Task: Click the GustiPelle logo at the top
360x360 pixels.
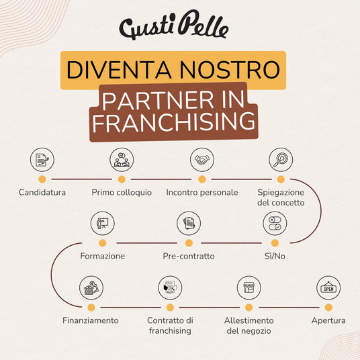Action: coord(174,25)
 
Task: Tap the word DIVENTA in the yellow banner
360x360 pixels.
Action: coord(119,70)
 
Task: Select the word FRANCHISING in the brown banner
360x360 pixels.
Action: coord(174,122)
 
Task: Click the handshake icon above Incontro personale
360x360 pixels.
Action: coord(202,160)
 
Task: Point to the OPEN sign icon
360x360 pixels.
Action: coord(328,288)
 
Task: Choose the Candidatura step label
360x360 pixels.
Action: coord(42,192)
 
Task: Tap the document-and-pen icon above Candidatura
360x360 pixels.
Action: coord(42,160)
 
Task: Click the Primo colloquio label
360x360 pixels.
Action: coord(122,192)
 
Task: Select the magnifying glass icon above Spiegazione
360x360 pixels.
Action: coord(281,160)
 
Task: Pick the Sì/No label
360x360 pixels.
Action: coord(275,256)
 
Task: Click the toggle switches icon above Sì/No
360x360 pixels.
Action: coord(275,224)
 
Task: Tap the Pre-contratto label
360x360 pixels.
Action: coord(189,256)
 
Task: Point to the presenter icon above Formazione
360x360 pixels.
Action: coord(102,224)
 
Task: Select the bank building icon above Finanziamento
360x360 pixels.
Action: coord(91,288)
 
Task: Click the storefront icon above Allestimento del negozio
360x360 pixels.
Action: coord(249,288)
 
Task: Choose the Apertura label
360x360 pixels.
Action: coord(328,320)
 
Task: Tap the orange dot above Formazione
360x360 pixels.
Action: coord(102,243)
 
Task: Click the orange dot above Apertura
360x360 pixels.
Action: coord(328,308)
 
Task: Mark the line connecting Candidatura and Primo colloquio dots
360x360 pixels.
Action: coord(81,179)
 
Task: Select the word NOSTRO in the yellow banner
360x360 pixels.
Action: coord(230,70)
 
